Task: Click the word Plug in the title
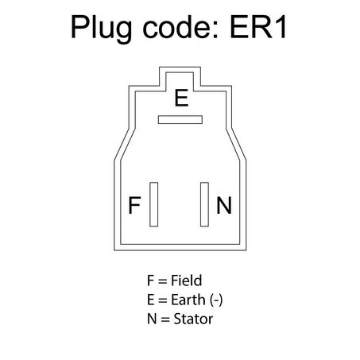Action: click(x=101, y=29)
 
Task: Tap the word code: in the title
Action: click(x=181, y=27)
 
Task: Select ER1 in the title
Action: click(x=258, y=27)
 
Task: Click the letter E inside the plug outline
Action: click(x=181, y=98)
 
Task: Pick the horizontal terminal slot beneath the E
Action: click(x=180, y=120)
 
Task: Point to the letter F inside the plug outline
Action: click(x=134, y=205)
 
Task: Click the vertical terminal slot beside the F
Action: click(x=153, y=204)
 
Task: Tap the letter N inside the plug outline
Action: click(x=224, y=205)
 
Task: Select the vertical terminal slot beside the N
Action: click(x=204, y=204)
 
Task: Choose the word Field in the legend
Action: click(x=187, y=281)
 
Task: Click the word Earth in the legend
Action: click(x=188, y=300)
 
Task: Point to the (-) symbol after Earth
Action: click(x=216, y=300)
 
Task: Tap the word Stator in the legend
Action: click(x=193, y=319)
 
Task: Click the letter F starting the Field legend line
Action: click(x=150, y=281)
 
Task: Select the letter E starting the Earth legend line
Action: click(x=151, y=300)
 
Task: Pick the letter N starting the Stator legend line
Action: click(x=152, y=319)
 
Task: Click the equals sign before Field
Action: click(x=162, y=281)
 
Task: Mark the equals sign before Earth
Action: click(x=163, y=301)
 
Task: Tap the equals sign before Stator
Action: click(x=165, y=320)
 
